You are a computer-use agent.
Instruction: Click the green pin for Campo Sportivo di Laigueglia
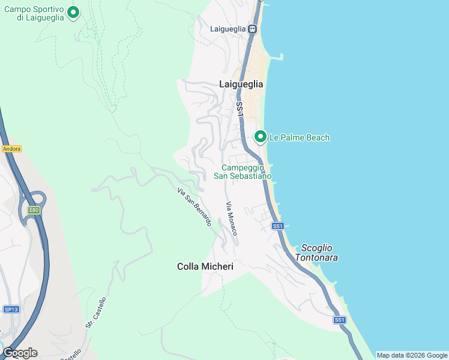pyautogui.click(x=73, y=11)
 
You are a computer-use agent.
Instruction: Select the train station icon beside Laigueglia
pyautogui.click(x=253, y=29)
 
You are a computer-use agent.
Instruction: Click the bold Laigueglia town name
pyautogui.click(x=241, y=85)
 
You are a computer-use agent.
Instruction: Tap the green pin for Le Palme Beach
pyautogui.click(x=261, y=137)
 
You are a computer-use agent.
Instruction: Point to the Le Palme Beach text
pyautogui.click(x=299, y=137)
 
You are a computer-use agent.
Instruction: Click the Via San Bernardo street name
pyautogui.click(x=194, y=207)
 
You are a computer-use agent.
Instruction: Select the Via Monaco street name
pyautogui.click(x=232, y=218)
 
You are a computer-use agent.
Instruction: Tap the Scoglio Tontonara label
pyautogui.click(x=319, y=253)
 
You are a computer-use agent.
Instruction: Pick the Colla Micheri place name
pyautogui.click(x=205, y=266)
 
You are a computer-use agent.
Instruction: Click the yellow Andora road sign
pyautogui.click(x=12, y=149)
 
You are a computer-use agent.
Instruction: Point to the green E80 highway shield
pyautogui.click(x=34, y=210)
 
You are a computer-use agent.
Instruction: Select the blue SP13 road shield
pyautogui.click(x=11, y=309)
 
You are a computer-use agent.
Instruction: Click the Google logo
pyautogui.click(x=20, y=352)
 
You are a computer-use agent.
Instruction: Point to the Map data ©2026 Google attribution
pyautogui.click(x=412, y=355)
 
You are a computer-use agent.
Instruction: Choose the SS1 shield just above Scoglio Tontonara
pyautogui.click(x=277, y=226)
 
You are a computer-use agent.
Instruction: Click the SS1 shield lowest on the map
pyautogui.click(x=340, y=320)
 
